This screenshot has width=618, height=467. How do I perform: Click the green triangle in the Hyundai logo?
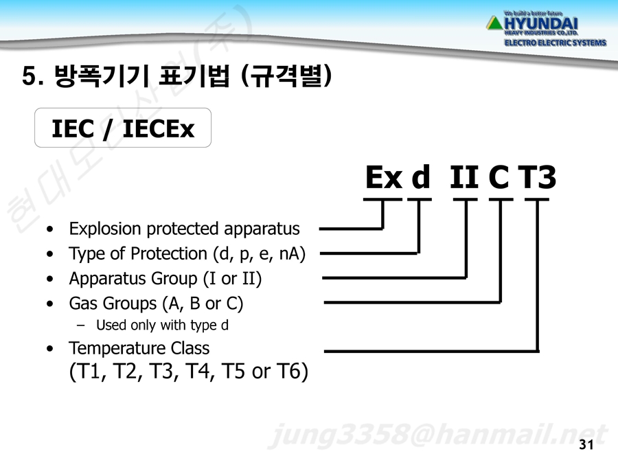coord(494,23)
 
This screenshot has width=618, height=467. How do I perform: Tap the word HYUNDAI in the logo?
coord(541,23)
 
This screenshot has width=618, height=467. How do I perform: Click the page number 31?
coord(586,444)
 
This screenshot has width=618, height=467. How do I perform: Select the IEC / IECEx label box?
coord(123,128)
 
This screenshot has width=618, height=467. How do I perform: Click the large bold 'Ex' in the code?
coord(384,177)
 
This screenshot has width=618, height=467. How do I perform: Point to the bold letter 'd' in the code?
coord(420,176)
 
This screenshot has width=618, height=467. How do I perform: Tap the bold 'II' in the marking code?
coord(464,177)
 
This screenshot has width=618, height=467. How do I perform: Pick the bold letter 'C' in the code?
coord(499,177)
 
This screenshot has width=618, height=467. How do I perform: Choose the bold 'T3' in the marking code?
coord(537,177)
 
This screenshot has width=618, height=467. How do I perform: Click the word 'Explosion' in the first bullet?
coord(105,229)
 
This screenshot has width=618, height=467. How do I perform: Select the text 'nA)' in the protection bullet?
coord(292,254)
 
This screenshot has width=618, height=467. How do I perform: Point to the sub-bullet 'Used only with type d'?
coord(162,325)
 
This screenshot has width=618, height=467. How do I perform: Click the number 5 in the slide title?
coord(30,76)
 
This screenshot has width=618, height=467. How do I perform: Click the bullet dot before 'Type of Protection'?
coord(49,254)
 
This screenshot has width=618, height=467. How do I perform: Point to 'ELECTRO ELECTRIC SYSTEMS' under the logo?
coord(555,43)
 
